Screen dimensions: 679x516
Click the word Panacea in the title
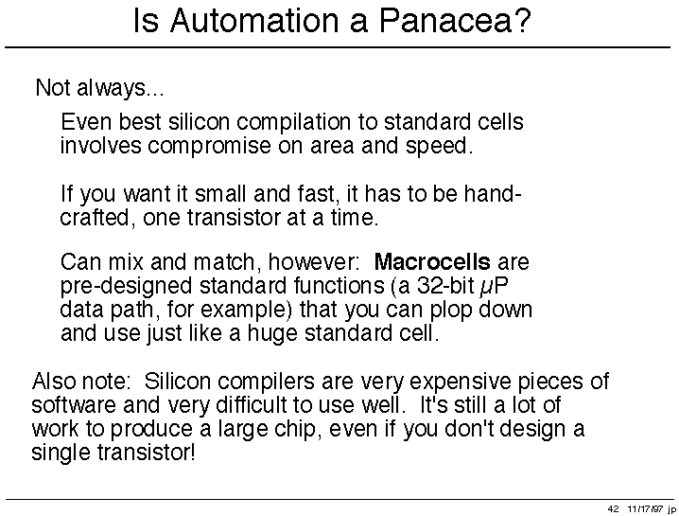coord(455,20)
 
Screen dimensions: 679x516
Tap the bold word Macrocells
coord(432,262)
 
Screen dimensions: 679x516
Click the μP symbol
coord(494,287)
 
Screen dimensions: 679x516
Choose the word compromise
coord(209,147)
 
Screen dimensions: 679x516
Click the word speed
coord(439,147)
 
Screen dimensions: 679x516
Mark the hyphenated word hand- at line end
coord(493,193)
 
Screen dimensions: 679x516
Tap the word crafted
coord(95,218)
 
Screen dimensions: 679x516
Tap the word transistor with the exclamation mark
coord(147,453)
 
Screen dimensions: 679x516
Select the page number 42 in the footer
coord(613,508)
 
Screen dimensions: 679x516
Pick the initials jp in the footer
coord(672,509)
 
